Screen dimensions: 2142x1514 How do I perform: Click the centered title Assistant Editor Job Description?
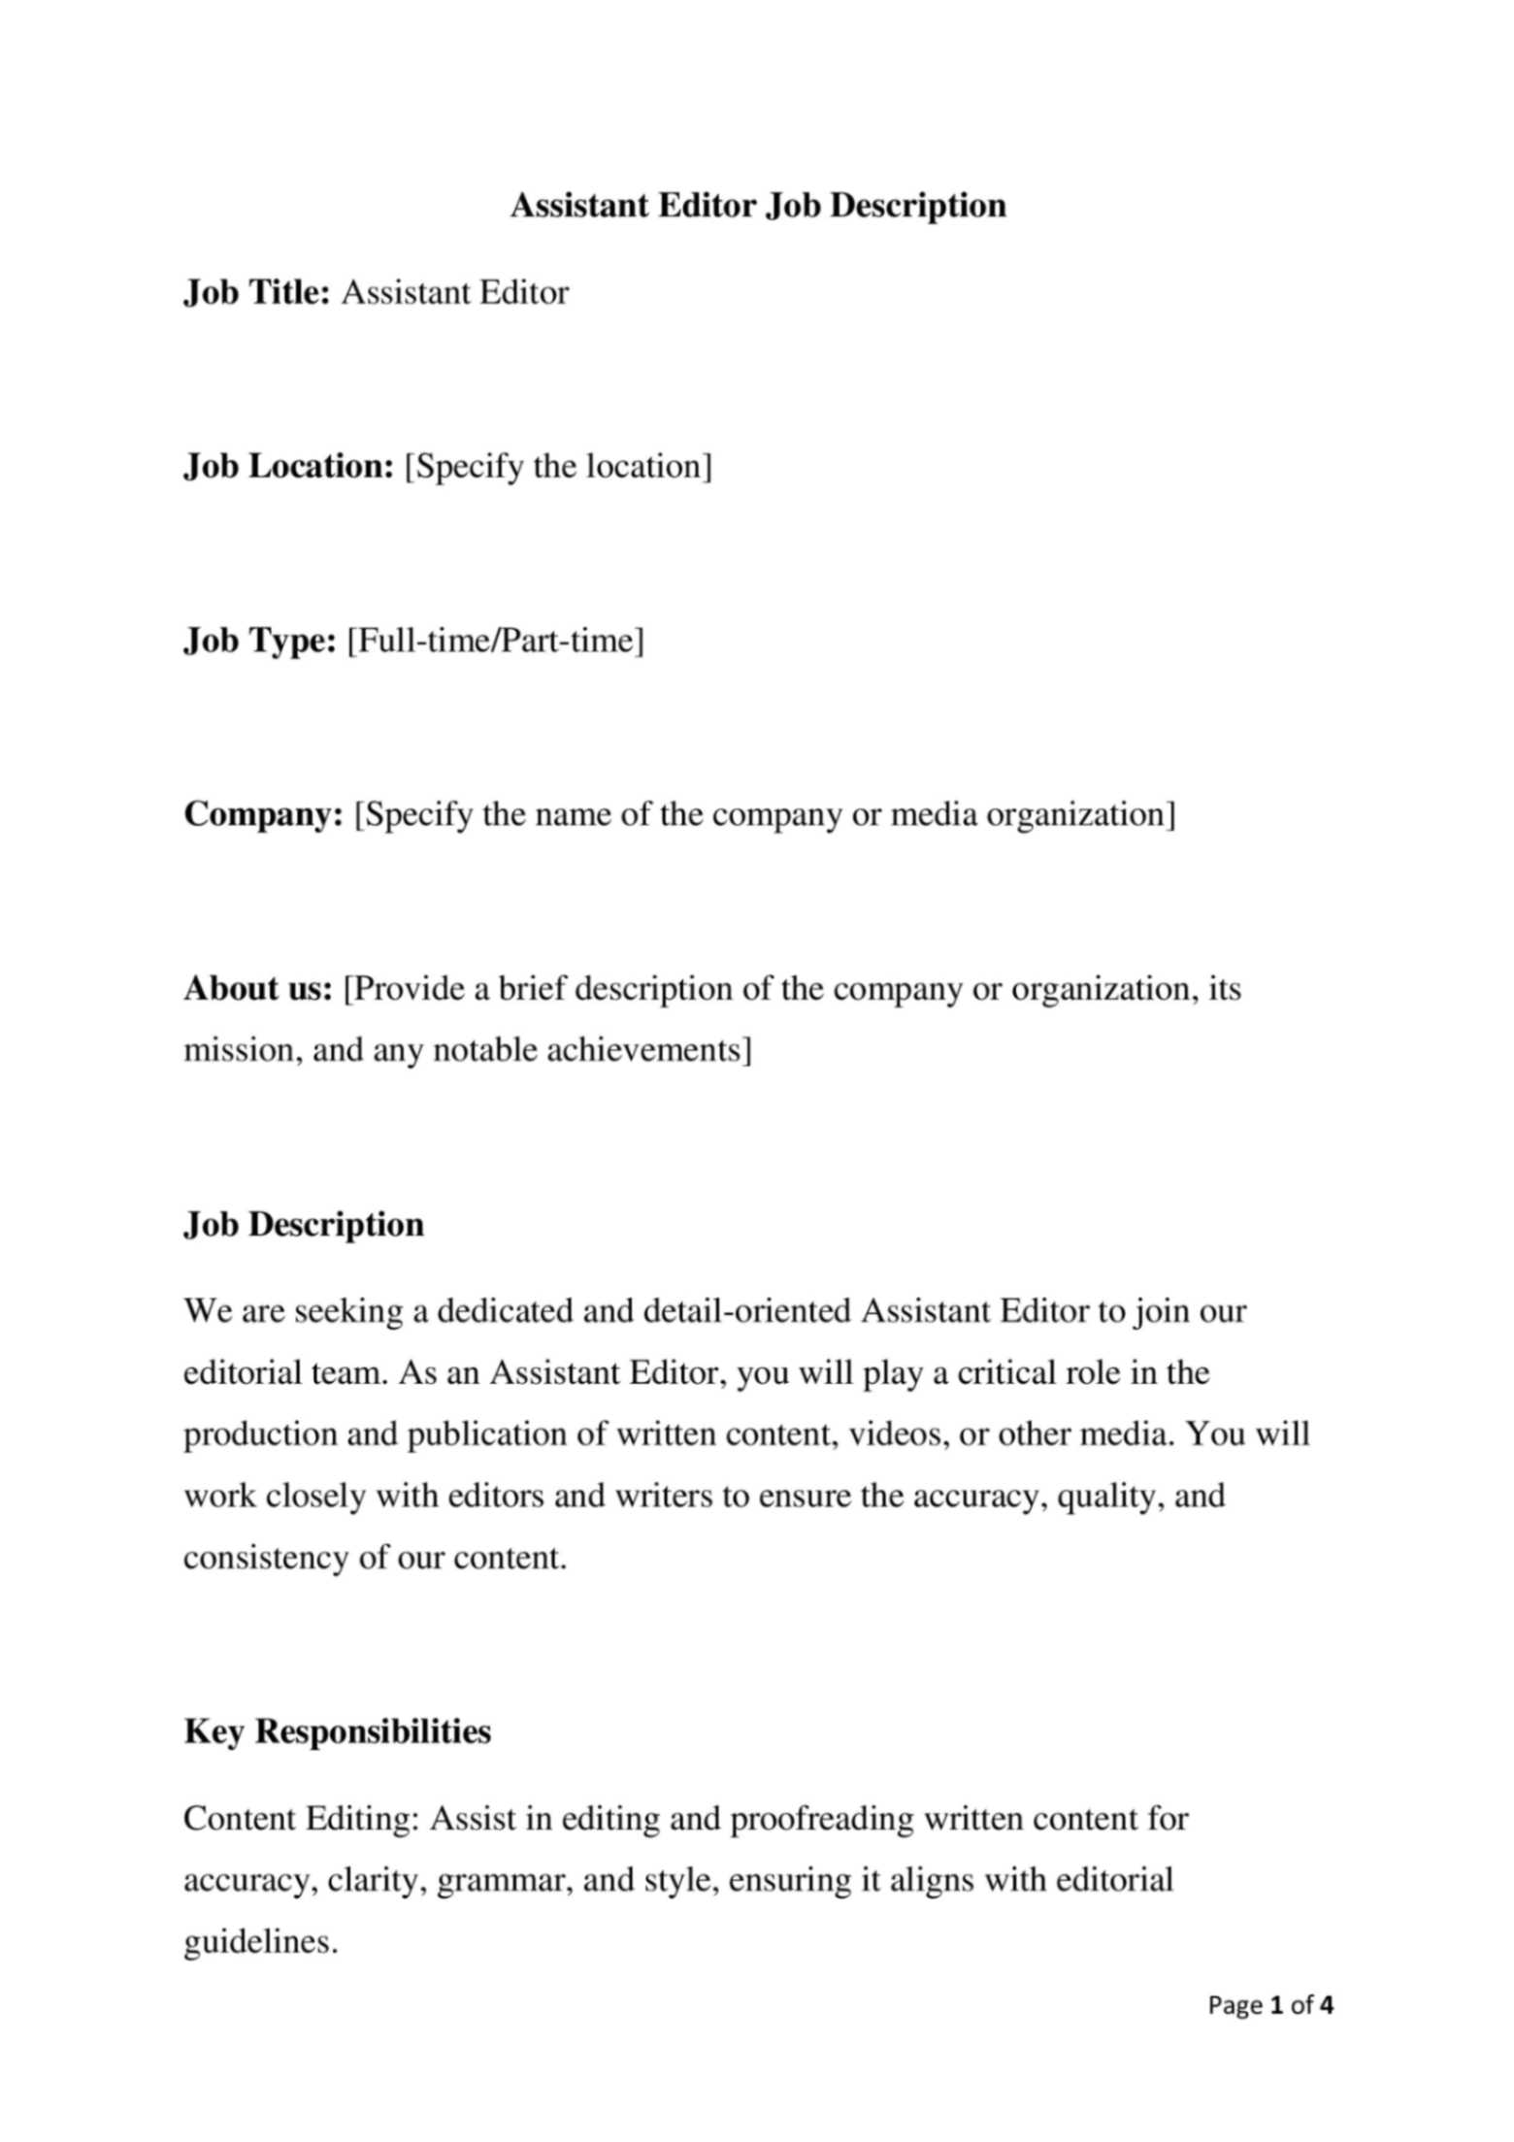click(757, 206)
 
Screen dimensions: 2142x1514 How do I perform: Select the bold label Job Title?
click(258, 292)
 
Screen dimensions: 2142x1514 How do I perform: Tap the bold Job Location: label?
click(288, 467)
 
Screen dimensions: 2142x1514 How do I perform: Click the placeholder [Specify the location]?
click(558, 467)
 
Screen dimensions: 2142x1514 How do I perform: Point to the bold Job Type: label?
click(260, 641)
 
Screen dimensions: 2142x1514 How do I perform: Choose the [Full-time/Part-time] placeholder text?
click(495, 641)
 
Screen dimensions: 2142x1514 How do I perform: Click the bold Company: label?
click(264, 814)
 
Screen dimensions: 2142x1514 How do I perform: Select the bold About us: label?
click(258, 989)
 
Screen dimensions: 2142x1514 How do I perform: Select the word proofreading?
click(821, 1818)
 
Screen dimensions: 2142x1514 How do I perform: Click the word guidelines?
click(260, 1942)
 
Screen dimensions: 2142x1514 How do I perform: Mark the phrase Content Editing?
click(300, 1818)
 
